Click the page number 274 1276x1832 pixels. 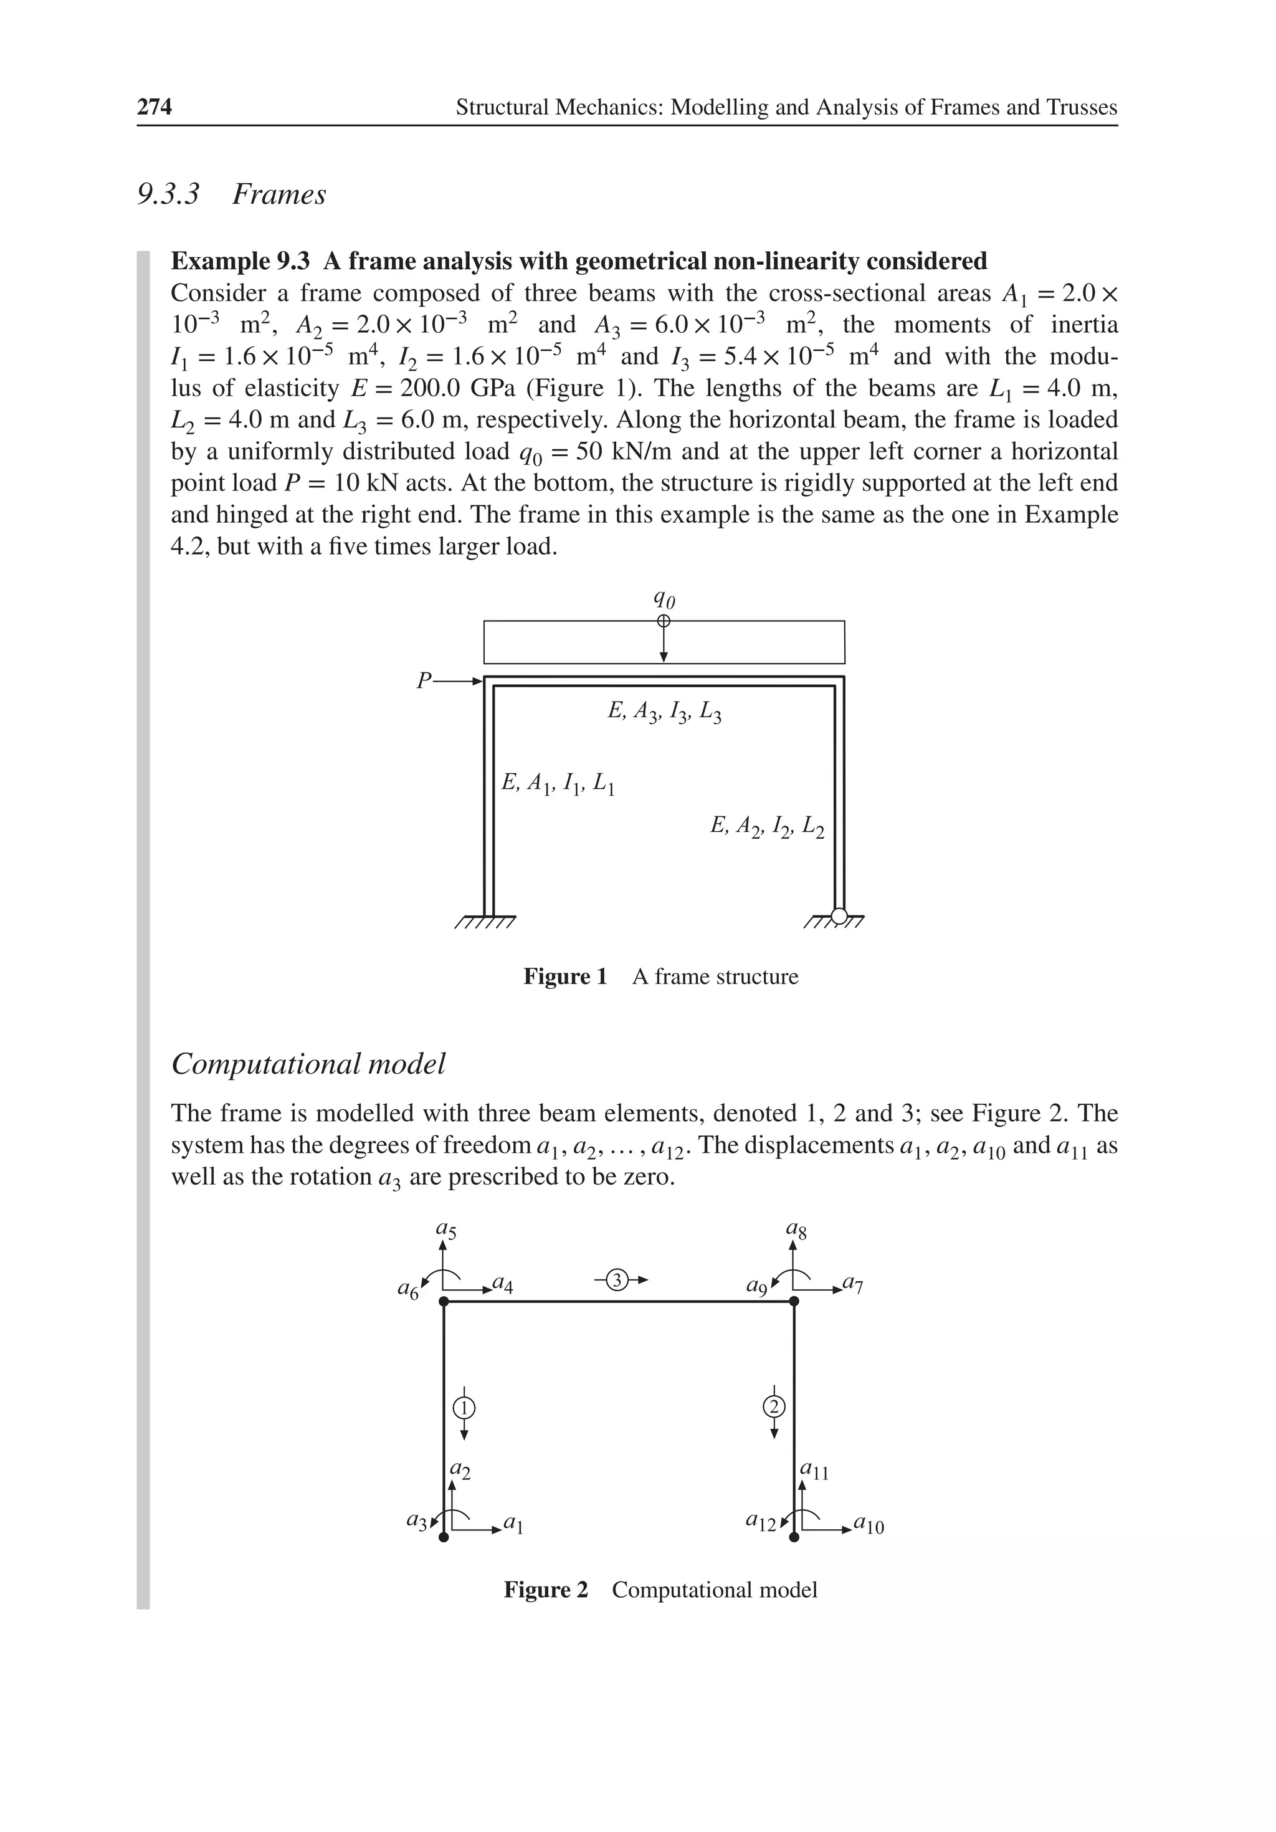pyautogui.click(x=154, y=107)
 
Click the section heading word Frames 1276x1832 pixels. pyautogui.click(x=279, y=194)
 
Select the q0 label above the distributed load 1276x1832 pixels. pyautogui.click(x=663, y=598)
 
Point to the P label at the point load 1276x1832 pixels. pyautogui.click(x=424, y=680)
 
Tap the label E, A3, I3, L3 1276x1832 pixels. pyautogui.click(x=664, y=712)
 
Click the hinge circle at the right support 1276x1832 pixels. pyautogui.click(x=839, y=915)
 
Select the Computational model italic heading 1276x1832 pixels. pyautogui.click(x=308, y=1064)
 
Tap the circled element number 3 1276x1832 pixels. pyautogui.click(x=617, y=1281)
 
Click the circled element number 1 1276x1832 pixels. pyautogui.click(x=464, y=1408)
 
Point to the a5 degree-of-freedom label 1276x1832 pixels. pyautogui.click(x=446, y=1231)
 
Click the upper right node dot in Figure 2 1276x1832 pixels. pyautogui.click(x=794, y=1301)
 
